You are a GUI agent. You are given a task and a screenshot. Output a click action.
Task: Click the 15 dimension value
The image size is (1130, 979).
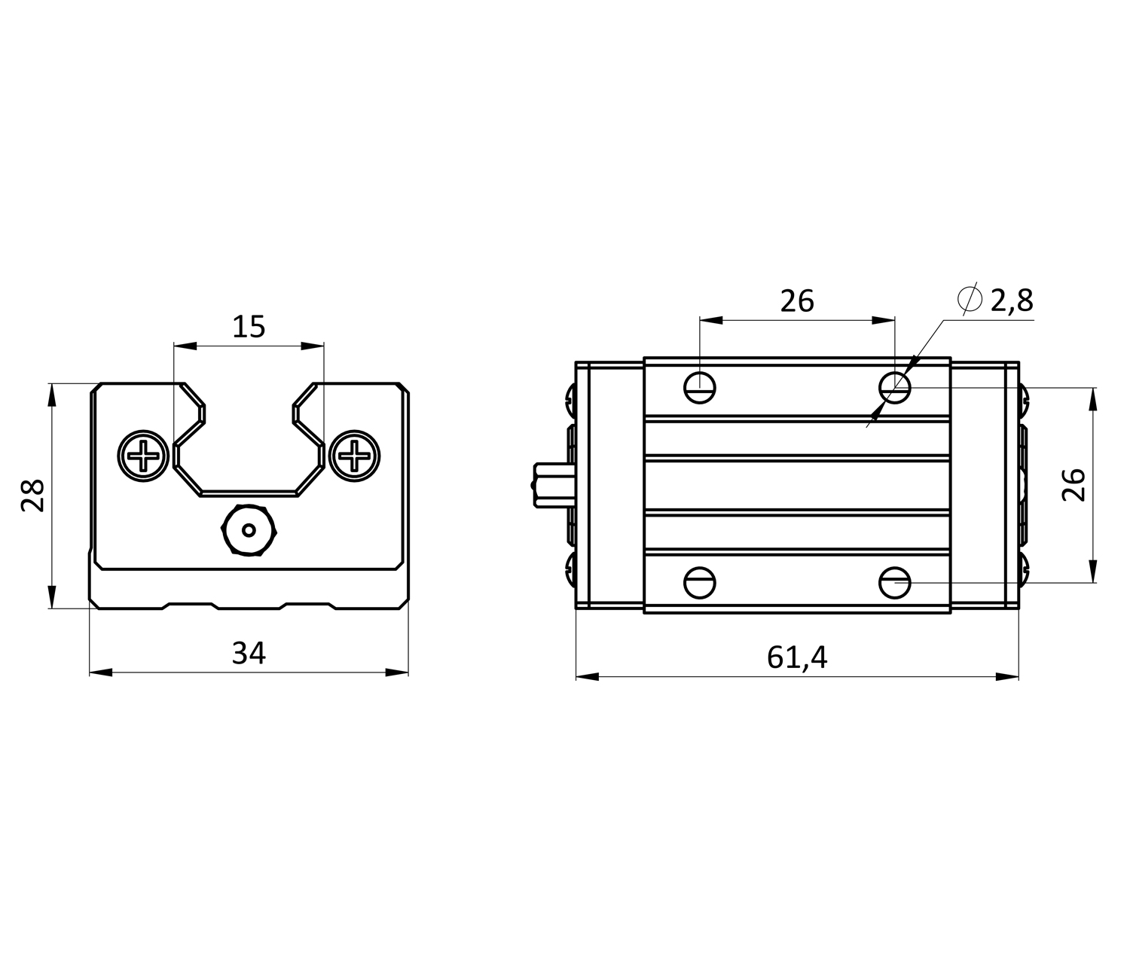[x=249, y=328]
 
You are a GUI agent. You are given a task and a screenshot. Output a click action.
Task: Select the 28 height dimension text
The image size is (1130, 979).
[x=34, y=496]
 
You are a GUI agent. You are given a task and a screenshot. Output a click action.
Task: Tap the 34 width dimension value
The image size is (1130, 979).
[x=249, y=653]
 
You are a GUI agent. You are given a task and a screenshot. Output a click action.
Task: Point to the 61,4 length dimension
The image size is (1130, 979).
[x=797, y=657]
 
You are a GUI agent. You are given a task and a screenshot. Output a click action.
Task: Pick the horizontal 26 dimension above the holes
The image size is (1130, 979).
[x=797, y=301]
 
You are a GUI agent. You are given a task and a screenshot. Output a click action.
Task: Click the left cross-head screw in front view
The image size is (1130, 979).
[x=142, y=455]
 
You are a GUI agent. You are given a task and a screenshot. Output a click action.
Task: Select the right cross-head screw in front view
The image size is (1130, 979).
[x=353, y=455]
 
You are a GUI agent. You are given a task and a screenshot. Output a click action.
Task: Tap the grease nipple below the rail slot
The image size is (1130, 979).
[x=249, y=530]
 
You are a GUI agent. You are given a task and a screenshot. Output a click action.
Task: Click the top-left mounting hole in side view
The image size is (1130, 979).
[x=700, y=388]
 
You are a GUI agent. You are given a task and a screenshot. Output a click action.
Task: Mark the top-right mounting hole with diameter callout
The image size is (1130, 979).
[x=895, y=388]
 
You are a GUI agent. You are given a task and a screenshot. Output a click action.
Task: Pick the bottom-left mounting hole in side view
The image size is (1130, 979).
[x=700, y=582]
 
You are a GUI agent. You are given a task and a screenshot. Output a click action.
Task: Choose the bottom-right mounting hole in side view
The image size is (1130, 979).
[x=895, y=582]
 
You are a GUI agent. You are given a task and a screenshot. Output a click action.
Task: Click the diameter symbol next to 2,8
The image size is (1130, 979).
[x=970, y=299]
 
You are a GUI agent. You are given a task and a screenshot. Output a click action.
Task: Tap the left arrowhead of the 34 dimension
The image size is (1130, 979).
[x=101, y=672]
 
